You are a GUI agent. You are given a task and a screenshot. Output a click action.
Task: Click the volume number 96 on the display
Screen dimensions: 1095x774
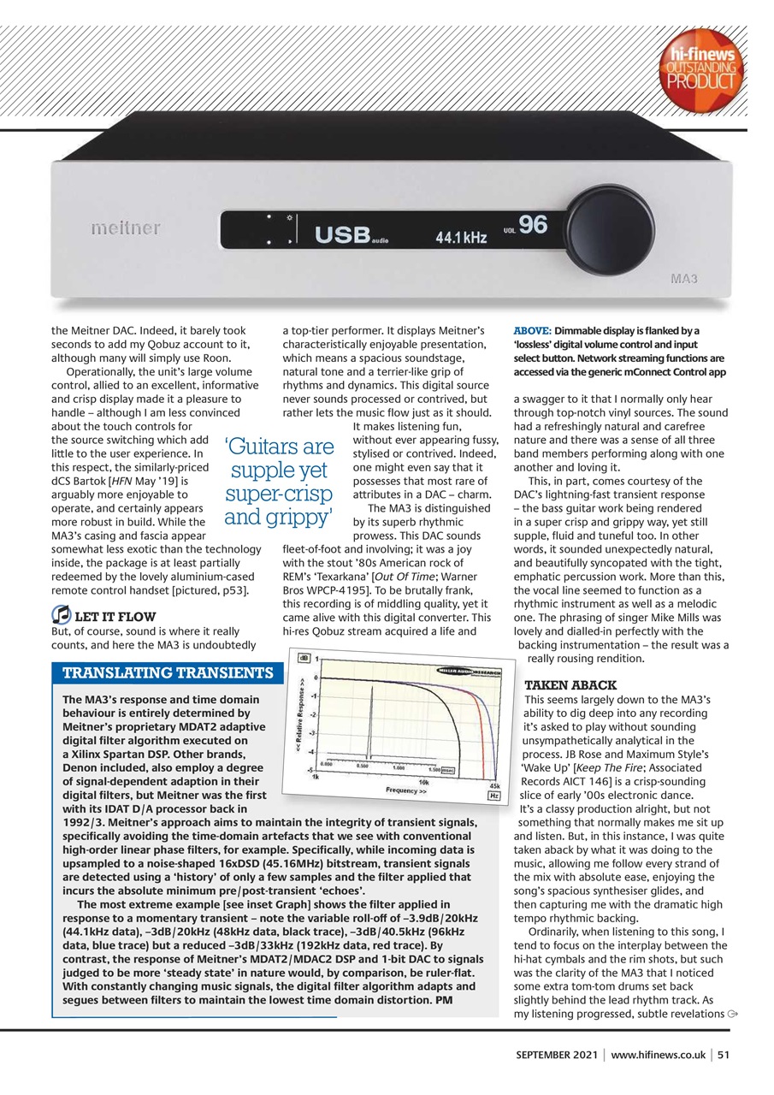pyautogui.click(x=533, y=225)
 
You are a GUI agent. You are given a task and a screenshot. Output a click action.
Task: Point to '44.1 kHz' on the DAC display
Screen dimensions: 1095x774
pyautogui.click(x=461, y=237)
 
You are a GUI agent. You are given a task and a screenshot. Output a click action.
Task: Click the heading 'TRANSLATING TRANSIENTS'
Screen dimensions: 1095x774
pyautogui.click(x=168, y=672)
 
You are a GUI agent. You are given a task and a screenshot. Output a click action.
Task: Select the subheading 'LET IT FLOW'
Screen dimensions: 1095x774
pyautogui.click(x=115, y=616)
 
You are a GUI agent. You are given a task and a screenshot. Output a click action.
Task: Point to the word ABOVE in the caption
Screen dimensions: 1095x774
pyautogui.click(x=531, y=331)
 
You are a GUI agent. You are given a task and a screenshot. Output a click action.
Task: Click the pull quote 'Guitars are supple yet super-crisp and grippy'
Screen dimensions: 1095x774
pyautogui.click(x=279, y=482)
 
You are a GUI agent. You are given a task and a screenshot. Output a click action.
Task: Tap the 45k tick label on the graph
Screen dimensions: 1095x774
pyautogui.click(x=493, y=785)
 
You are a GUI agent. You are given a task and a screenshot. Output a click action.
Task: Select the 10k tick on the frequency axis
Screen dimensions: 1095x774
pyautogui.click(x=422, y=781)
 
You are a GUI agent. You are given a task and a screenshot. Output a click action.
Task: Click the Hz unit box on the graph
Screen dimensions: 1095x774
pyautogui.click(x=493, y=796)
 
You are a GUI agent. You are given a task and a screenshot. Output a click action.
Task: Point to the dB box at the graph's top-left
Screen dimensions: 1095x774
pyautogui.click(x=303, y=659)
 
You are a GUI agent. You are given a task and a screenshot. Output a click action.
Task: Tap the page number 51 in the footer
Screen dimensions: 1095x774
pyautogui.click(x=724, y=1055)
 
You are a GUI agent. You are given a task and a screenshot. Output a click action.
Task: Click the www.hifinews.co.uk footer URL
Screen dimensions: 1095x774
pyautogui.click(x=658, y=1055)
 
